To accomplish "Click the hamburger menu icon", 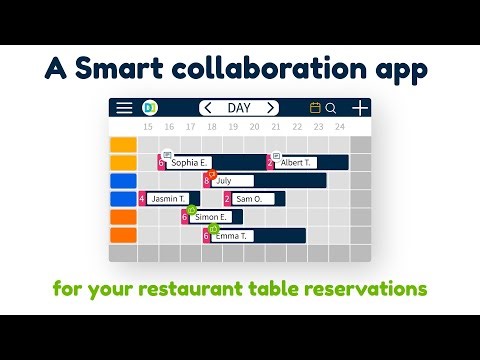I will tap(124, 108).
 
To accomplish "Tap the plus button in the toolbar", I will tap(360, 108).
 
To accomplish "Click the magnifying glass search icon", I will tap(331, 108).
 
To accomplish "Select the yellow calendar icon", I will tap(316, 108).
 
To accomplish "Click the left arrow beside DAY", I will tap(208, 108).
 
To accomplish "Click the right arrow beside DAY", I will tap(270, 108).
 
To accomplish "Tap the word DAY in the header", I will tap(239, 108).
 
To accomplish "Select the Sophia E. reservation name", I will tap(189, 162).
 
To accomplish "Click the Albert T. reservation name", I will tap(296, 162).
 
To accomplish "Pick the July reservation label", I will tap(223, 181).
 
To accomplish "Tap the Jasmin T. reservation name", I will tap(170, 199).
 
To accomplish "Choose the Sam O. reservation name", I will tap(248, 199).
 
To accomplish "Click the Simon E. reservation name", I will tap(211, 217).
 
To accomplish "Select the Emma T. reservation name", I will tap(232, 236).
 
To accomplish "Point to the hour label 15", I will tap(148, 127).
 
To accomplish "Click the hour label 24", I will tap(340, 127).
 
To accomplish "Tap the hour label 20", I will tap(254, 127).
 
